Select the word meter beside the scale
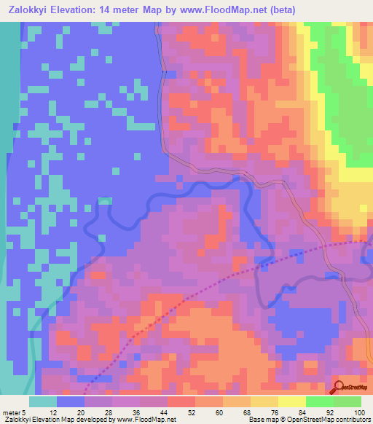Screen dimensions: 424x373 (x=12, y=412)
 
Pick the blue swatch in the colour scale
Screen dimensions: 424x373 (x=70, y=401)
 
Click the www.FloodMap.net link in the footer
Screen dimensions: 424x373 (x=145, y=420)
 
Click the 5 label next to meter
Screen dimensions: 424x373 (x=26, y=412)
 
